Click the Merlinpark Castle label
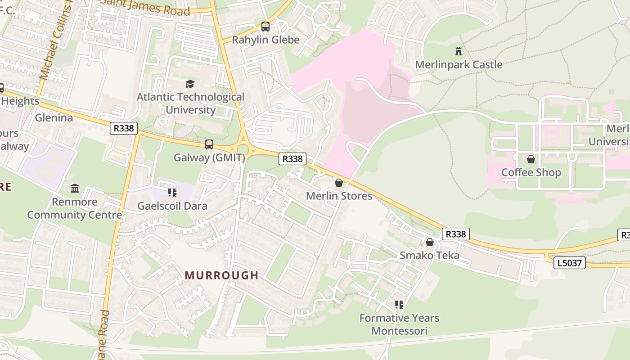(458, 65)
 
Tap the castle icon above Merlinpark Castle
(458, 51)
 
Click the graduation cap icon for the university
(190, 84)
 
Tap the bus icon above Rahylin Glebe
(265, 27)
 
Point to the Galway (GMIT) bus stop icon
(209, 144)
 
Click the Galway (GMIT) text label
(209, 157)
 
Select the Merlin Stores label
(339, 196)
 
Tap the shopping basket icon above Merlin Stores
(339, 183)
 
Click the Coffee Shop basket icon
(531, 159)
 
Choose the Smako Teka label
(429, 256)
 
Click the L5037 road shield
(569, 263)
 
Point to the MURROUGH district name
(221, 275)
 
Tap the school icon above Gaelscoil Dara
(172, 193)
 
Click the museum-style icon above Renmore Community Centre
(75, 188)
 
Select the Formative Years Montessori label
(399, 324)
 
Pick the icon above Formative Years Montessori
(399, 305)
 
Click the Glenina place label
(54, 118)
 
